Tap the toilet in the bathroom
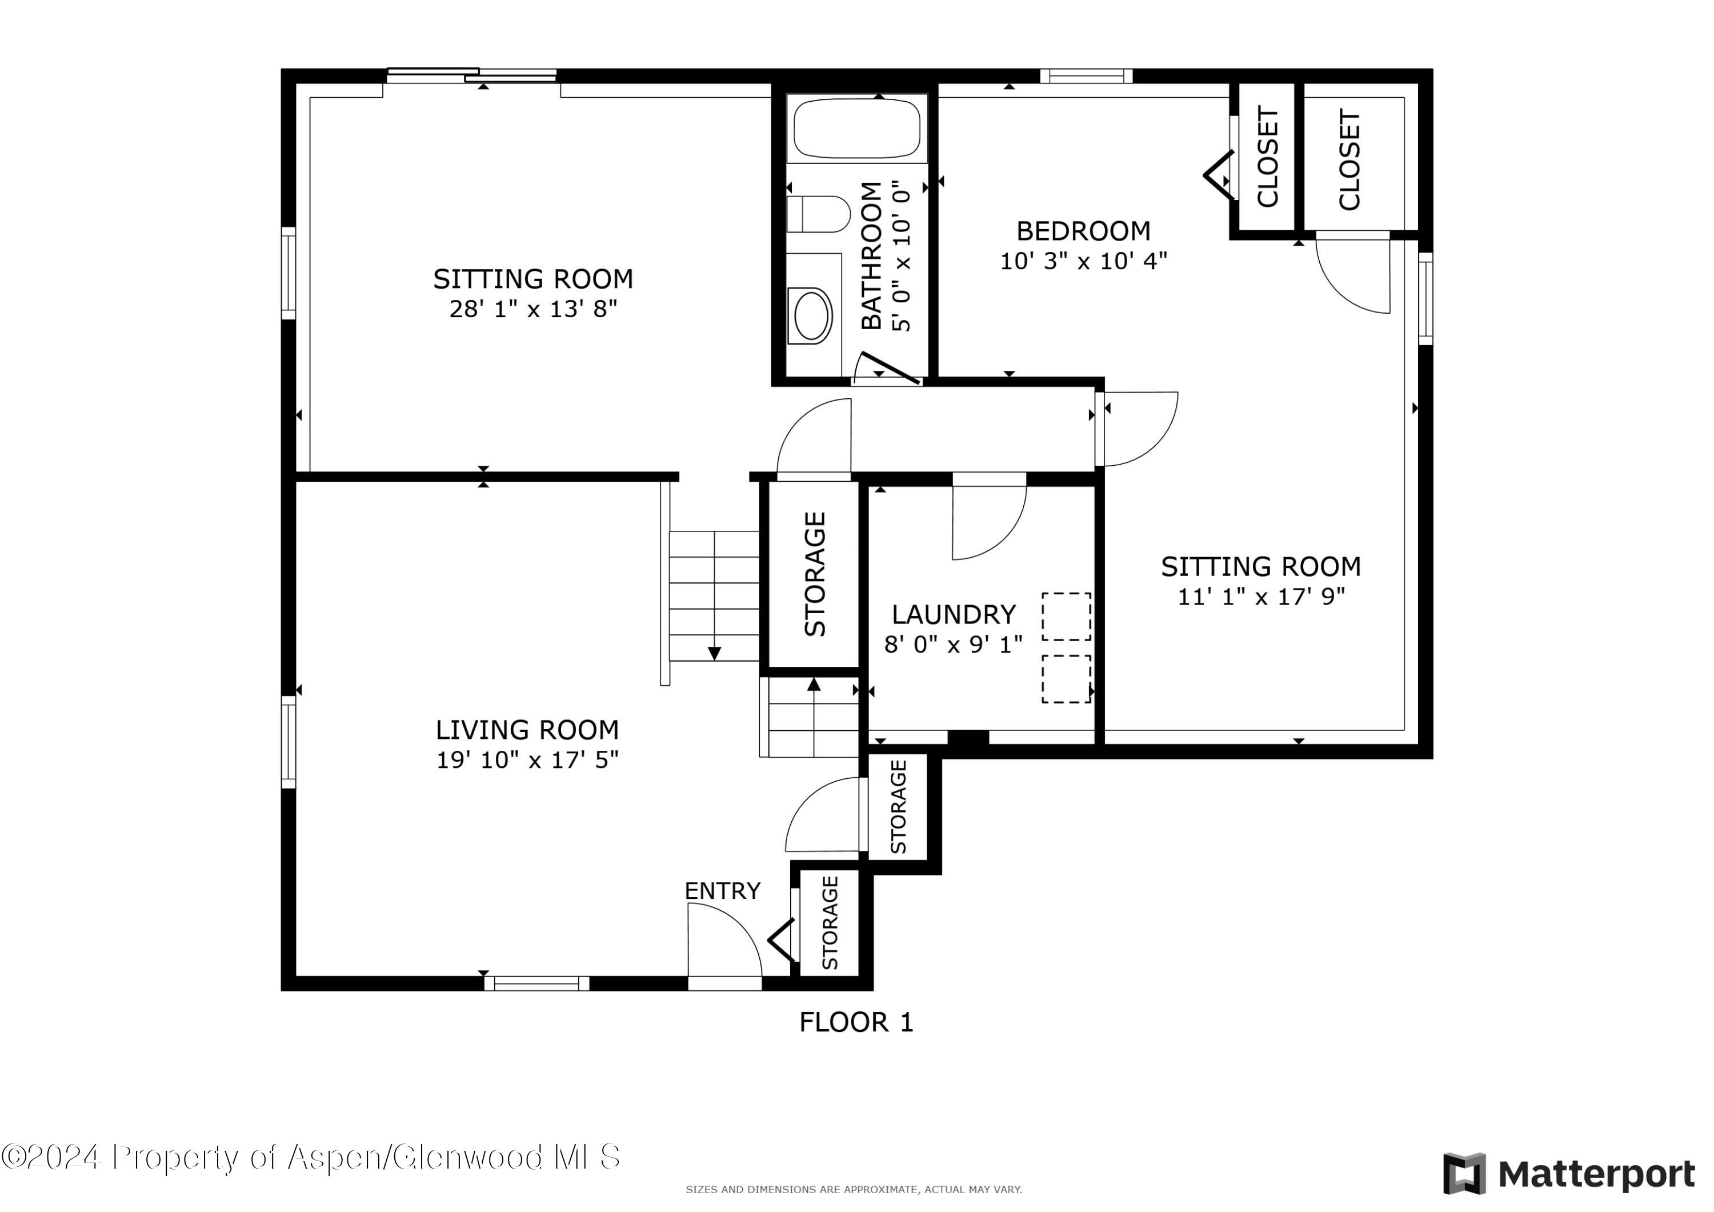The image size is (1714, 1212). (x=819, y=214)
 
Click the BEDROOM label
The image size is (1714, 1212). (x=1083, y=231)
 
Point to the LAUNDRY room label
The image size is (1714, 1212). (x=954, y=615)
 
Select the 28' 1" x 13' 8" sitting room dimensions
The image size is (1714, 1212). (x=533, y=309)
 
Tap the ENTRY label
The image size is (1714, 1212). (x=722, y=891)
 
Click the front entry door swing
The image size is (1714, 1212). (x=721, y=941)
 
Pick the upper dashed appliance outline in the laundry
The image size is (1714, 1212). (x=1066, y=617)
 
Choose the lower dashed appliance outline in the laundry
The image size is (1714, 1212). (x=1066, y=679)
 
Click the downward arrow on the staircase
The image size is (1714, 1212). (x=714, y=653)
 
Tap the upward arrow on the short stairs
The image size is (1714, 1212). (x=814, y=684)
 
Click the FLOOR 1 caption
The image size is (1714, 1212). (x=856, y=1022)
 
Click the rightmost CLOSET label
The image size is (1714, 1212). (x=1349, y=160)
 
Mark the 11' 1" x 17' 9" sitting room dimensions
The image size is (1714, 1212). (x=1261, y=597)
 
